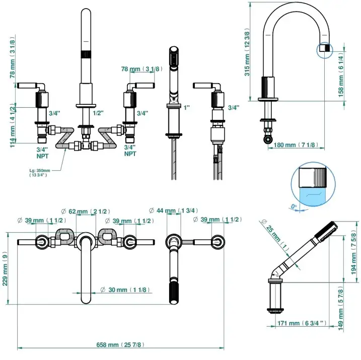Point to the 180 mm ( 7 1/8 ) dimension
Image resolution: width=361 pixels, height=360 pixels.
(x=295, y=145)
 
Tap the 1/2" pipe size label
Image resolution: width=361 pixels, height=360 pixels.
(x=98, y=113)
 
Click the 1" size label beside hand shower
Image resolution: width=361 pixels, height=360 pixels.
(x=188, y=108)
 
